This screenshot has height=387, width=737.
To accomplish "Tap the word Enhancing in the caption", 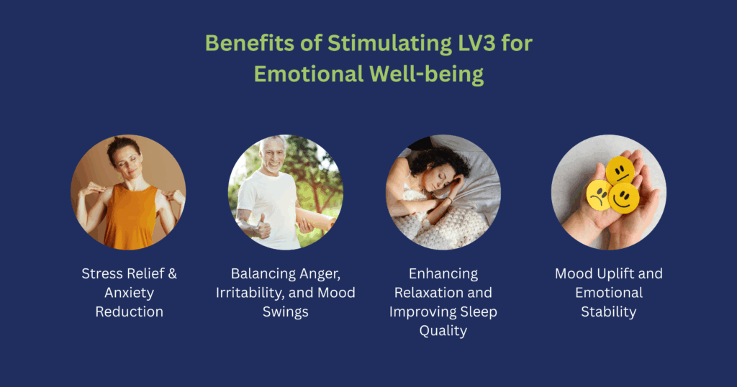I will click(x=443, y=274).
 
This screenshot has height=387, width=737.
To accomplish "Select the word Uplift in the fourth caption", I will click(x=609, y=274).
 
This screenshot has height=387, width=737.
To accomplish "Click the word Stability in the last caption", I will click(x=609, y=311).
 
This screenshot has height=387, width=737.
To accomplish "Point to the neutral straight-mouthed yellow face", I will click(x=620, y=171).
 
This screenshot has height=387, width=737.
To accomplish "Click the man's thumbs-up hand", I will click(x=263, y=229).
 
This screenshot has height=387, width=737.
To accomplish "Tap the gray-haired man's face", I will click(x=272, y=157).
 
